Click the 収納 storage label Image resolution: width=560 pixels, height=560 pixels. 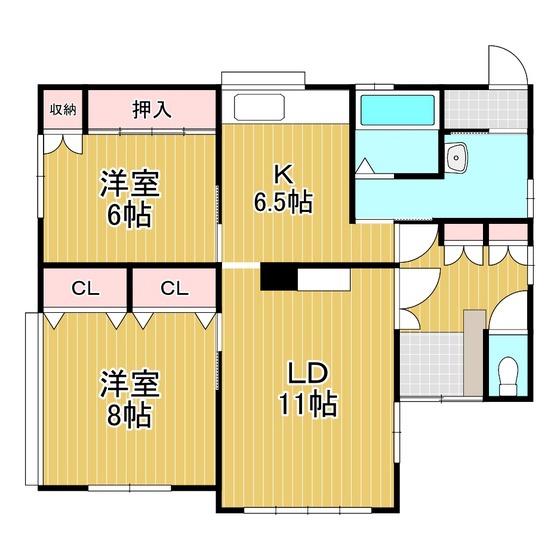(63, 110)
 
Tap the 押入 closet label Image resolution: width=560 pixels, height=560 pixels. (152, 109)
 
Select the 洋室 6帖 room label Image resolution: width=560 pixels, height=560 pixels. (129, 199)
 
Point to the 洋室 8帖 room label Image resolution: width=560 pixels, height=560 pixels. (129, 399)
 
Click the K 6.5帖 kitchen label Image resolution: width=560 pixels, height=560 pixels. (283, 189)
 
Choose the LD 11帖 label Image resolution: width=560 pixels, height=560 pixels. (308, 389)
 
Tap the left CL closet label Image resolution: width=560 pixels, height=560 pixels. (85, 289)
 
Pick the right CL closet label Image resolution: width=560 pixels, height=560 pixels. (174, 289)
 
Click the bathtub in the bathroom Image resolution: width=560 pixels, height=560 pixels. (397, 110)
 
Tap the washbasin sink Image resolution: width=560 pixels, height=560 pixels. (456, 157)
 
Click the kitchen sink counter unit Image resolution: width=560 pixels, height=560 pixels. (259, 107)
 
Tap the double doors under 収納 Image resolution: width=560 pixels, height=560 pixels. (63, 144)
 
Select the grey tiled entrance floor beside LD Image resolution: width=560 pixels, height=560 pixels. (431, 364)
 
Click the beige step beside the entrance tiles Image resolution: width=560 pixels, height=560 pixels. (475, 352)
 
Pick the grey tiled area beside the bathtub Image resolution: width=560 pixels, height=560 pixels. (486, 109)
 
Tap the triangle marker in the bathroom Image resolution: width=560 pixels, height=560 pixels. (365, 166)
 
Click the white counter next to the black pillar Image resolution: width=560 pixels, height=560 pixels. (324, 279)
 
